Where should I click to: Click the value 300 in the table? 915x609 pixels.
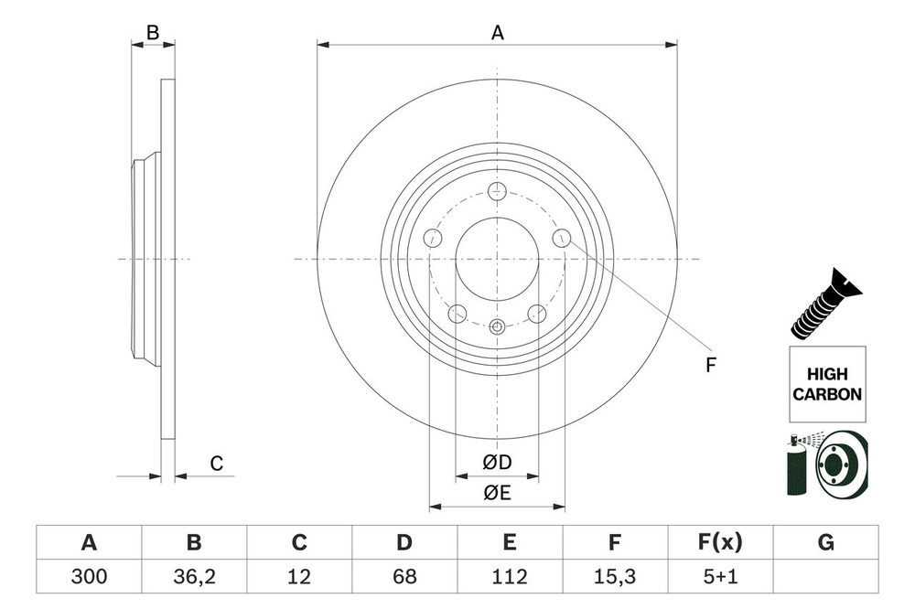tap(89, 576)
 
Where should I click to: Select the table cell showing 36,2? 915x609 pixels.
tap(194, 576)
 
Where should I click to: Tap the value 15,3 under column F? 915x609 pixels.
tap(615, 576)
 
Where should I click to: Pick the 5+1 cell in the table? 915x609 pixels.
tap(720, 576)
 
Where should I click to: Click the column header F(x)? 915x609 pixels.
tap(720, 543)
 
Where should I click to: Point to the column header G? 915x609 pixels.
tap(825, 543)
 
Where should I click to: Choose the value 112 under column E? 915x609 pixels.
tap(510, 576)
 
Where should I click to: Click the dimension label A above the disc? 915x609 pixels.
tap(498, 33)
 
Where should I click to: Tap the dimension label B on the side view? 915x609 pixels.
tap(154, 33)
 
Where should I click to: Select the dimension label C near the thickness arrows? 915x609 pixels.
tap(217, 465)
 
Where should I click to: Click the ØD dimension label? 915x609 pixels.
tap(497, 464)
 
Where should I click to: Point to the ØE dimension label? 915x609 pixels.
tap(497, 494)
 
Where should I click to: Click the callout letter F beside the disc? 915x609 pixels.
tap(710, 366)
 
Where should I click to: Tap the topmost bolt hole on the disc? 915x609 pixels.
tap(498, 191)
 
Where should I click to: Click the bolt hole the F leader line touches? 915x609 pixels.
tap(562, 239)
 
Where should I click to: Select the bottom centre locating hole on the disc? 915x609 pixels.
tap(498, 326)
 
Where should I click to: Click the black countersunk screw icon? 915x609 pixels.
tap(826, 306)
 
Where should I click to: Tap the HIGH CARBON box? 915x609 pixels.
tap(826, 384)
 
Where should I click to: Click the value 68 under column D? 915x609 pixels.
tap(404, 576)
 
